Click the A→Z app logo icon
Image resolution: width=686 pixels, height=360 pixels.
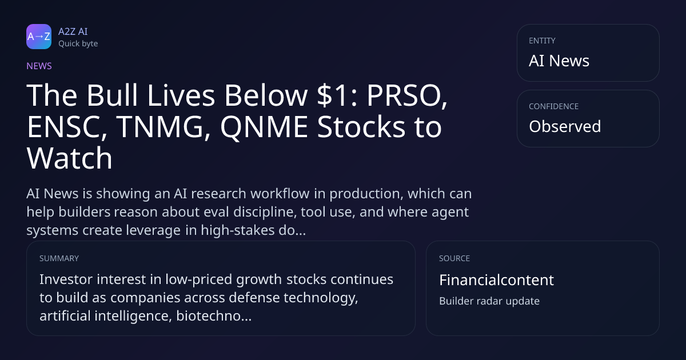[39, 37]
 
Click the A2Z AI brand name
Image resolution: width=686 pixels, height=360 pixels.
[73, 31]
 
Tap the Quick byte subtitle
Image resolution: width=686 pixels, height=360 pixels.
[78, 44]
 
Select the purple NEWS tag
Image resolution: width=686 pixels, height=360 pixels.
[39, 66]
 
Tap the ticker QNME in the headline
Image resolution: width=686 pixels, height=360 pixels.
[264, 127]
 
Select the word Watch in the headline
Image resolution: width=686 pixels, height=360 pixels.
[70, 158]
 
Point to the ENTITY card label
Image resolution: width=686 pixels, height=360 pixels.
[542, 41]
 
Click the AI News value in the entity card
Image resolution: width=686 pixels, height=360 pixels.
[559, 61]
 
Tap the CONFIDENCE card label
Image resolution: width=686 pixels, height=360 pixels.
[554, 106]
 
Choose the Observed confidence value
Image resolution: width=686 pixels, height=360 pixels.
[565, 126]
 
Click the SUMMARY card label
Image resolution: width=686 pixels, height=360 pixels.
[59, 258]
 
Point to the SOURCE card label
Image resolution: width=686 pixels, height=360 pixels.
[454, 258]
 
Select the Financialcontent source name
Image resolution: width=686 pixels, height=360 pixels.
[496, 280]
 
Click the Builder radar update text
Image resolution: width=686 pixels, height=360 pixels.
[489, 301]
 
